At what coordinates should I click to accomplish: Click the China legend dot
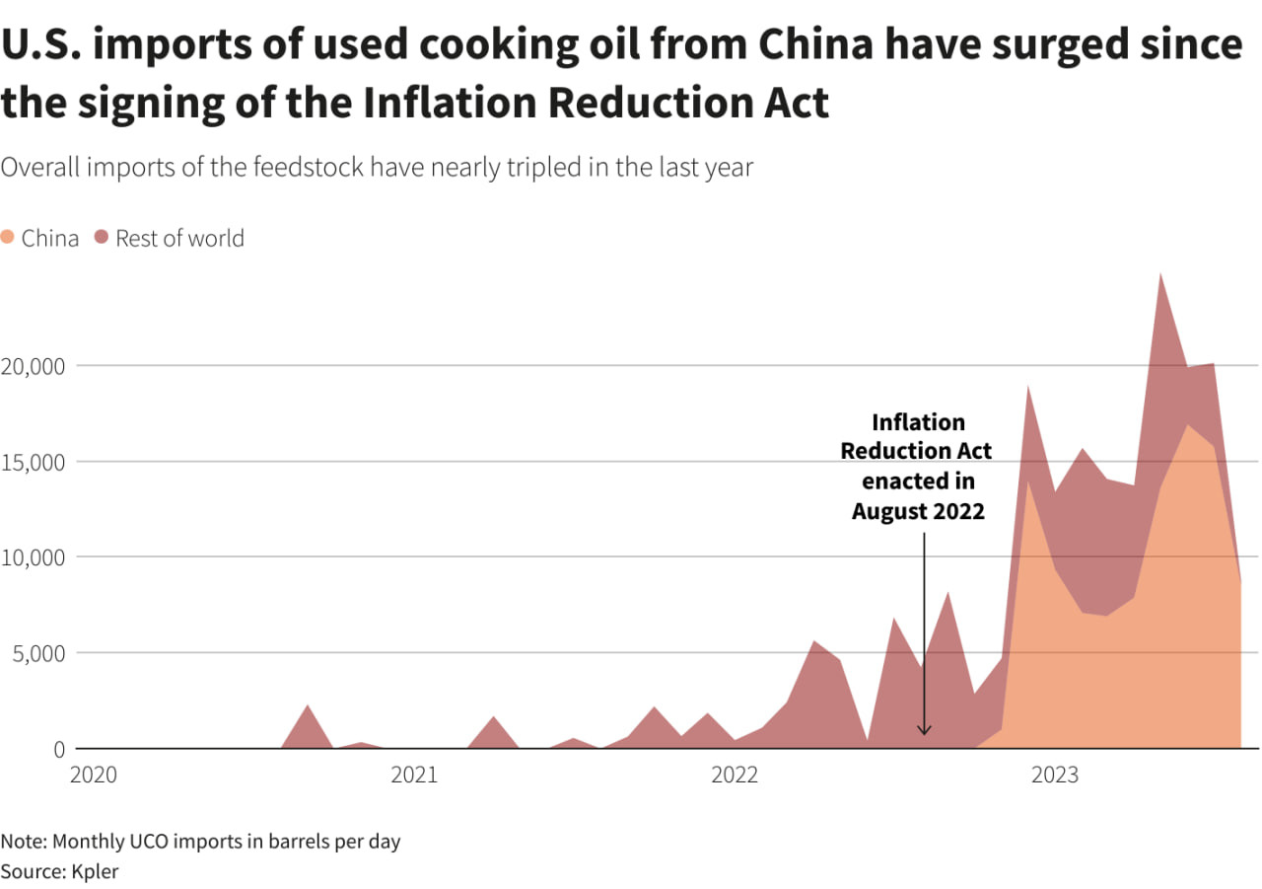[9, 238]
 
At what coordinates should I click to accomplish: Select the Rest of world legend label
[179, 238]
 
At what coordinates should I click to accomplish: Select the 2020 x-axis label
[94, 776]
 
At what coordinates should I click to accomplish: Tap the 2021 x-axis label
[414, 776]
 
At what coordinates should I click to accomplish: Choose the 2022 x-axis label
[735, 776]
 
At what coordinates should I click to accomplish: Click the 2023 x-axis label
[1055, 776]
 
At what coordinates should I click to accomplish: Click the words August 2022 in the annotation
[918, 511]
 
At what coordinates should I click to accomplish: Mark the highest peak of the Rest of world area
[1160, 274]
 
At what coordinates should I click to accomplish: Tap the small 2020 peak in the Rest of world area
[308, 705]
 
